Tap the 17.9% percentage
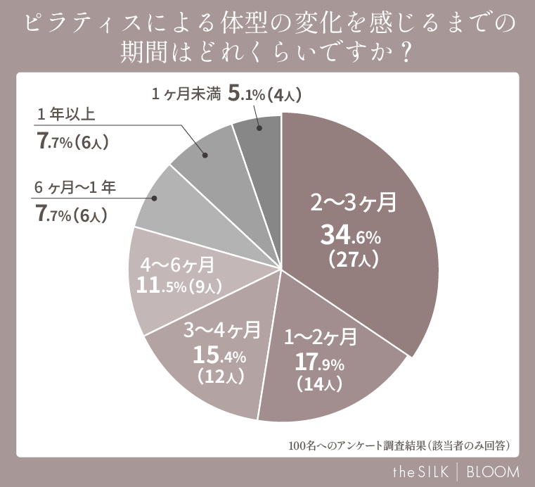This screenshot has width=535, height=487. click(318, 363)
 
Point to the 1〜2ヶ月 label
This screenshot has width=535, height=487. click(320, 337)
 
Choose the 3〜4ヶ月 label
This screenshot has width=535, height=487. click(222, 329)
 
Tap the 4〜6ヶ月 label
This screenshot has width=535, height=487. click(178, 265)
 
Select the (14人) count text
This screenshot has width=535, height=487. click(318, 384)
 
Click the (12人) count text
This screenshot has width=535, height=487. click(221, 376)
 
